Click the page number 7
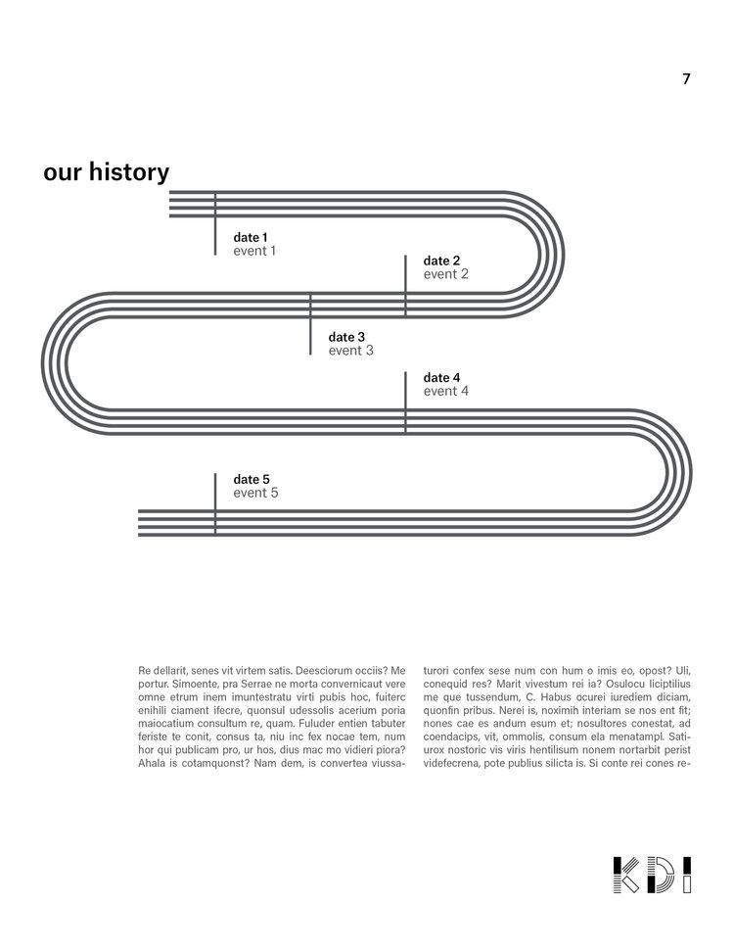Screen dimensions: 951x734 tap(686, 79)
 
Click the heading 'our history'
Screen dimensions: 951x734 tap(106, 172)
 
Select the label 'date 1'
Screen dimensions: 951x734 tap(250, 237)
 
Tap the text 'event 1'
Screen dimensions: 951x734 tap(254, 251)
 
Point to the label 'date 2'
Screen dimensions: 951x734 tap(441, 261)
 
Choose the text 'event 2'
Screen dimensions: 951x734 tap(445, 274)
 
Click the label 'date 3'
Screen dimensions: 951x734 tap(346, 337)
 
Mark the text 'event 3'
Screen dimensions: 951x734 tap(350, 351)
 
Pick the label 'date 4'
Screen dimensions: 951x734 tap(441, 377)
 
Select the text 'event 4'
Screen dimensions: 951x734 tap(445, 391)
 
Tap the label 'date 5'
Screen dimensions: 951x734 tap(251, 479)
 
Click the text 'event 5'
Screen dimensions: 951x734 tap(254, 493)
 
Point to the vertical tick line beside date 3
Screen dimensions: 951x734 tap(310, 323)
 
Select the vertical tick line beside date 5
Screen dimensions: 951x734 tap(215, 504)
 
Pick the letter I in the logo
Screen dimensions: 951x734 tap(687, 875)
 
